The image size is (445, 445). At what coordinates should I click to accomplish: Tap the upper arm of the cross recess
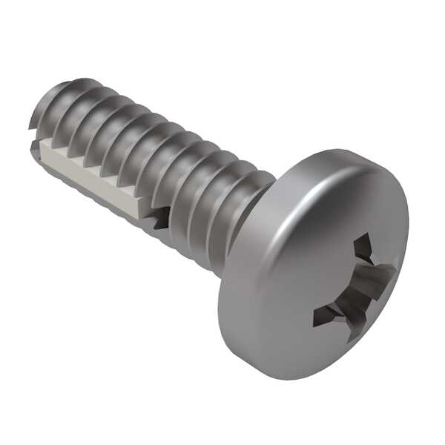363,249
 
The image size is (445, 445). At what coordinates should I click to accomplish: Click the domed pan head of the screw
311,260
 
